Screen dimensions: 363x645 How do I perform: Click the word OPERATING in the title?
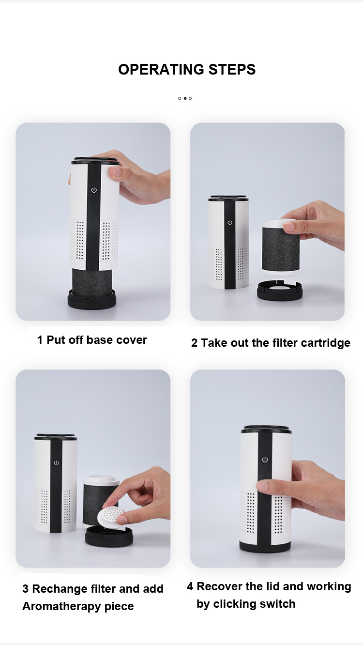161,69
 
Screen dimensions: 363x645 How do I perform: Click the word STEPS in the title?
232,69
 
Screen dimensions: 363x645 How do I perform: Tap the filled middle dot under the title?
185,98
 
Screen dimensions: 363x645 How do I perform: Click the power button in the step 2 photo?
230,223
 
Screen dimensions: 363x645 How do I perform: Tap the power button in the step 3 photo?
56,463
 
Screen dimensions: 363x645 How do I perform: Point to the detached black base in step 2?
280,290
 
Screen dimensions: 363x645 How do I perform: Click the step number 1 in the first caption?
40,340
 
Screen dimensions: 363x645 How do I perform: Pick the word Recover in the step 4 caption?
219,586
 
